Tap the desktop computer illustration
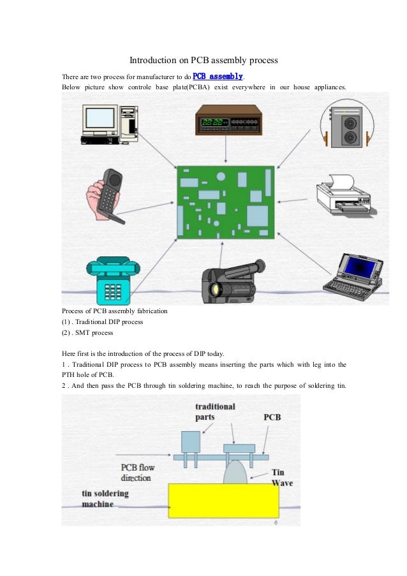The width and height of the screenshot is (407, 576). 110,123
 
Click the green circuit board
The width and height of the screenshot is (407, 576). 225,202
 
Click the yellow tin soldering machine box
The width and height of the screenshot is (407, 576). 223,501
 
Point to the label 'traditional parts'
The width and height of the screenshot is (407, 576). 215,412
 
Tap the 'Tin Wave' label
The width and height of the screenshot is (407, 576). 282,478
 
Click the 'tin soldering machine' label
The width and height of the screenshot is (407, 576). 105,499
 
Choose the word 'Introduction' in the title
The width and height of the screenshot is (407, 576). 153,61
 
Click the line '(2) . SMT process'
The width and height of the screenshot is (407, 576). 87,332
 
